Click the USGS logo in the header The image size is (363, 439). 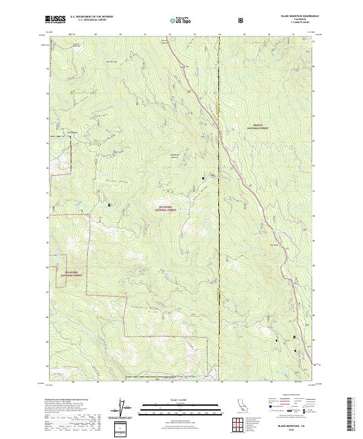[x=56, y=20]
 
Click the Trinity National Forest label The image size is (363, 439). [x=257, y=128]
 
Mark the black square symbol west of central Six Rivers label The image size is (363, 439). [x=109, y=205]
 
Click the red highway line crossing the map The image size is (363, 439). [x=242, y=176]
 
